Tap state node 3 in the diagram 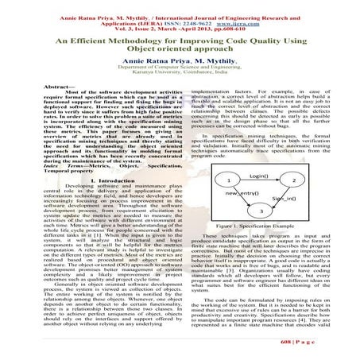coord(261,210)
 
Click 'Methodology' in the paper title coord(135,39)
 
